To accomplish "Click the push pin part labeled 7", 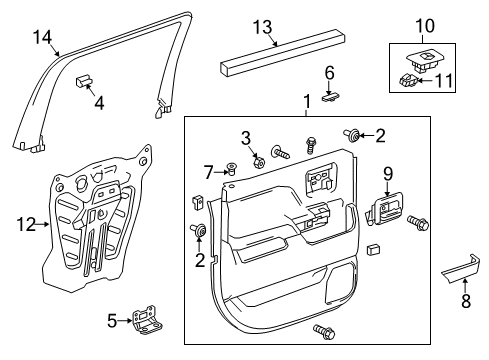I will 231,171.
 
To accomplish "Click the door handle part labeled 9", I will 385,208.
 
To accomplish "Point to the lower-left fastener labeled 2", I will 203,232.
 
